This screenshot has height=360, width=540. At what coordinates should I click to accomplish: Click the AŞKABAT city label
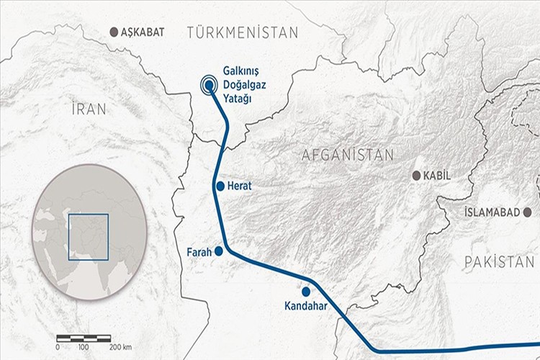tap(144, 32)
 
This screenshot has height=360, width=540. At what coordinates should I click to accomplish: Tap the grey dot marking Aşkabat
tap(113, 32)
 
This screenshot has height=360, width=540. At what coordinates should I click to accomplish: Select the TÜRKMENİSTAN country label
tap(241, 32)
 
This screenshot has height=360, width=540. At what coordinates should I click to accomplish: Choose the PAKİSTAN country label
tap(499, 261)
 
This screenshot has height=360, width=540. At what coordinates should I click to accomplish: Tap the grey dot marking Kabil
tap(416, 176)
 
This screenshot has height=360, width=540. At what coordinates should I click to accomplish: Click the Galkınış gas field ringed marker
tap(209, 85)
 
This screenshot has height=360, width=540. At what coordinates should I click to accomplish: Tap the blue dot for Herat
tap(220, 186)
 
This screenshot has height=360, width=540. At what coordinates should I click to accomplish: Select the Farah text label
tap(199, 253)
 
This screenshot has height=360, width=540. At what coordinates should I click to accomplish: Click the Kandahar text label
tap(307, 307)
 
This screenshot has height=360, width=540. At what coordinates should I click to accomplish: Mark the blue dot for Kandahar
tap(306, 292)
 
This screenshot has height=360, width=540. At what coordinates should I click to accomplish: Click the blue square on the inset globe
tap(89, 236)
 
